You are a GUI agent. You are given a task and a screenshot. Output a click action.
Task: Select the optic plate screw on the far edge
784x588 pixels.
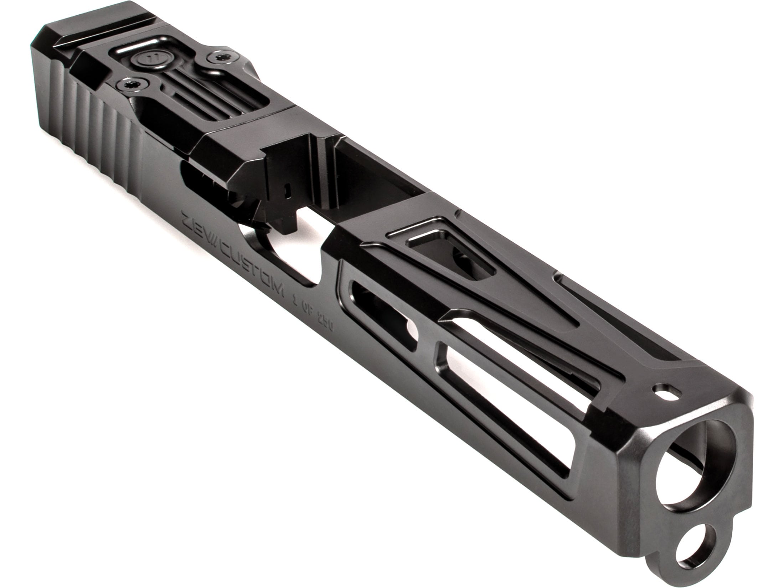pyautogui.click(x=217, y=57)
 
